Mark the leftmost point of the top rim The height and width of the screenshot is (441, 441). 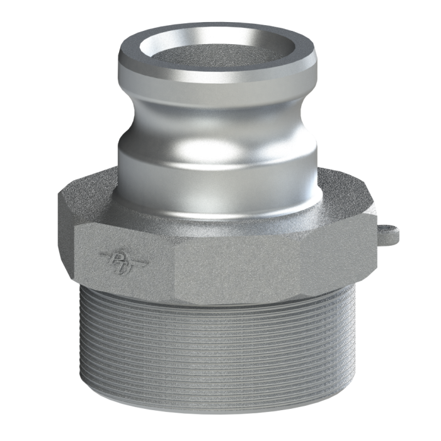(x=117, y=63)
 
